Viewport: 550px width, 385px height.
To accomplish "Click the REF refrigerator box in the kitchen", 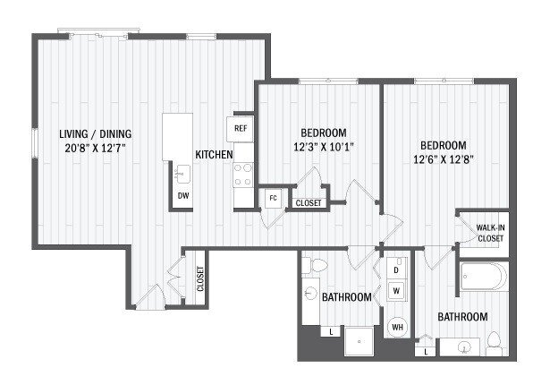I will point(241,128).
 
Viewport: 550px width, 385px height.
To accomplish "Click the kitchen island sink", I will point(182,173).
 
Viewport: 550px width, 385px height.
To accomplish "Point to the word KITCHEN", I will point(214,155).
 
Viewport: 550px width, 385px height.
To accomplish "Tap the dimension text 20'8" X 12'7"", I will point(87,148).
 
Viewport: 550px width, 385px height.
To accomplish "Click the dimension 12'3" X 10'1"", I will point(317,149).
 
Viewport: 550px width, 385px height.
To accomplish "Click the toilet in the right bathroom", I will point(494,341).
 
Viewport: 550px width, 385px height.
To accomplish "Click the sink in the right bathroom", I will point(462,346).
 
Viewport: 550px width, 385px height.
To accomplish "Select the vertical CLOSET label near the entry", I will point(200,278).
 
